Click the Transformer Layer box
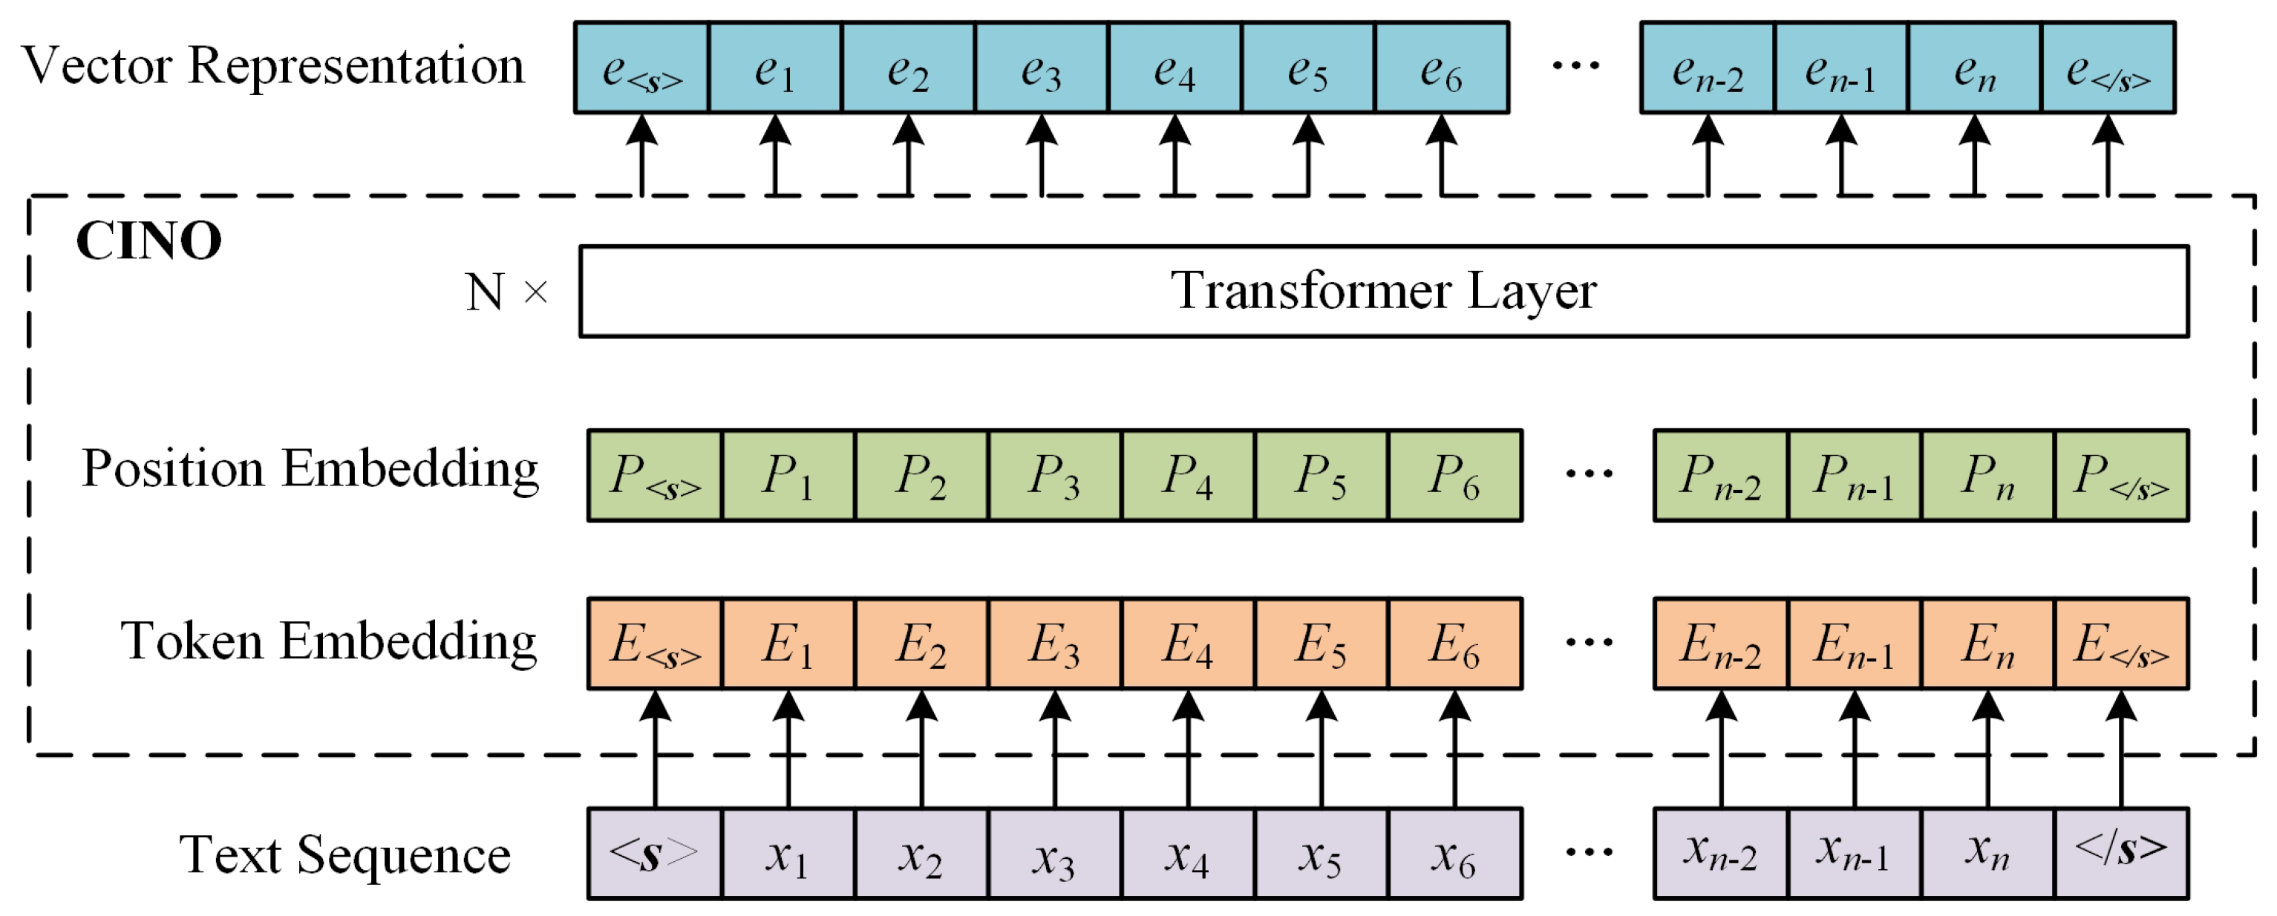click(1383, 291)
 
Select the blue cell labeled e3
click(1042, 68)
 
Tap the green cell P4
click(1188, 476)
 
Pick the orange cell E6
click(1455, 644)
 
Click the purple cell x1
click(788, 854)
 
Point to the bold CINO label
click(148, 241)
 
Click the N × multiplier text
click(506, 292)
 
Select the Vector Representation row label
click(273, 66)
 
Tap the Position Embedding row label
click(310, 468)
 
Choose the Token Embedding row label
click(329, 641)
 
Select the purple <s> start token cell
click(654, 854)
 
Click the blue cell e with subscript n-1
click(1840, 68)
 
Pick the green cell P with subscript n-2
click(1720, 476)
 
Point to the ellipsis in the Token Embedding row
click(1589, 643)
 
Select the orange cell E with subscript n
click(1988, 644)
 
